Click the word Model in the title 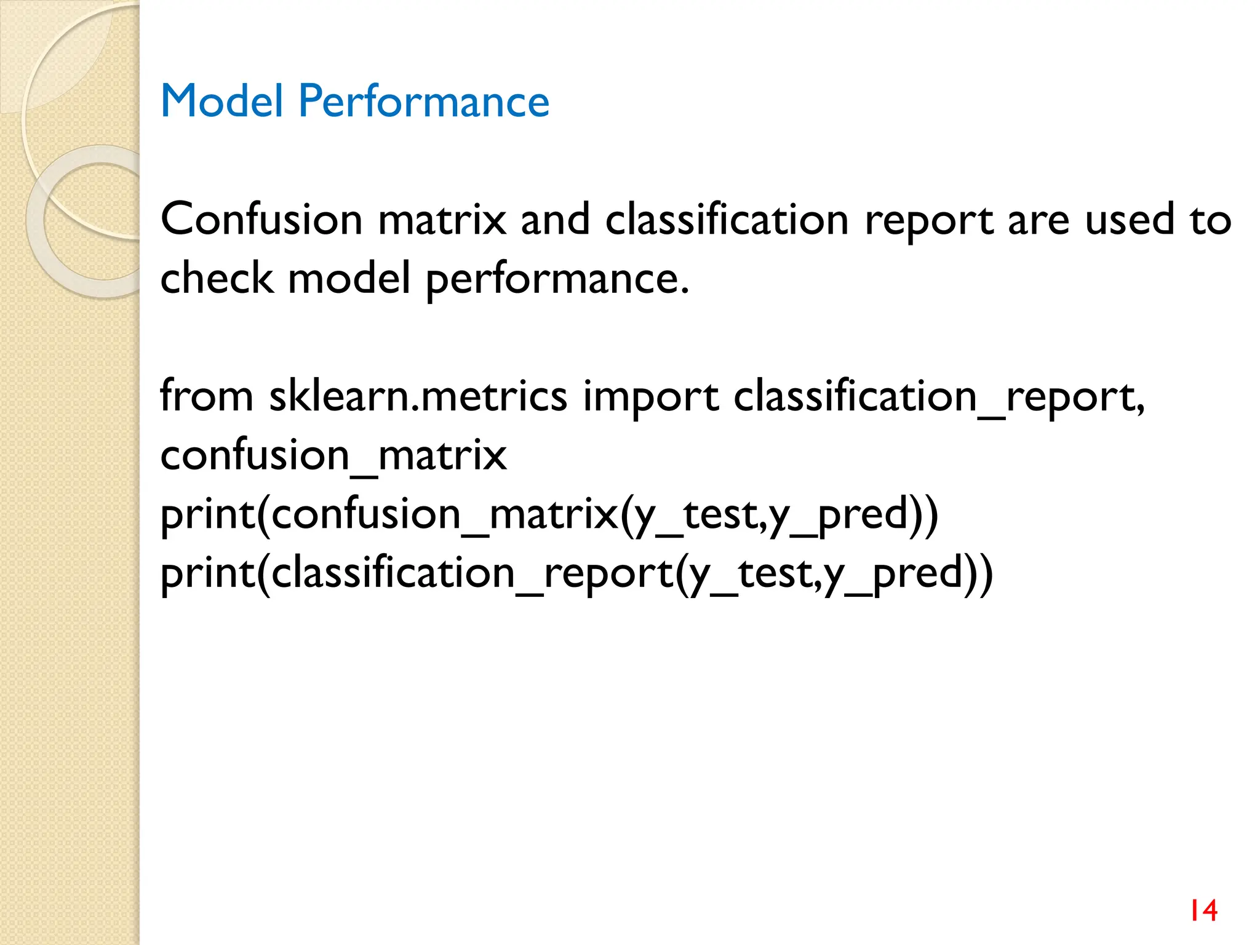[x=221, y=101]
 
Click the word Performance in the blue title [x=424, y=102]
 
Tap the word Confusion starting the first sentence [x=261, y=220]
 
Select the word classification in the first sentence [x=727, y=220]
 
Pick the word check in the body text [x=217, y=278]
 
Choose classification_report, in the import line [x=939, y=397]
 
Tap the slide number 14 [x=1203, y=911]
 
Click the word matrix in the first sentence [x=442, y=220]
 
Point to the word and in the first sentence [x=555, y=220]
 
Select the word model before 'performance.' [x=349, y=278]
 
